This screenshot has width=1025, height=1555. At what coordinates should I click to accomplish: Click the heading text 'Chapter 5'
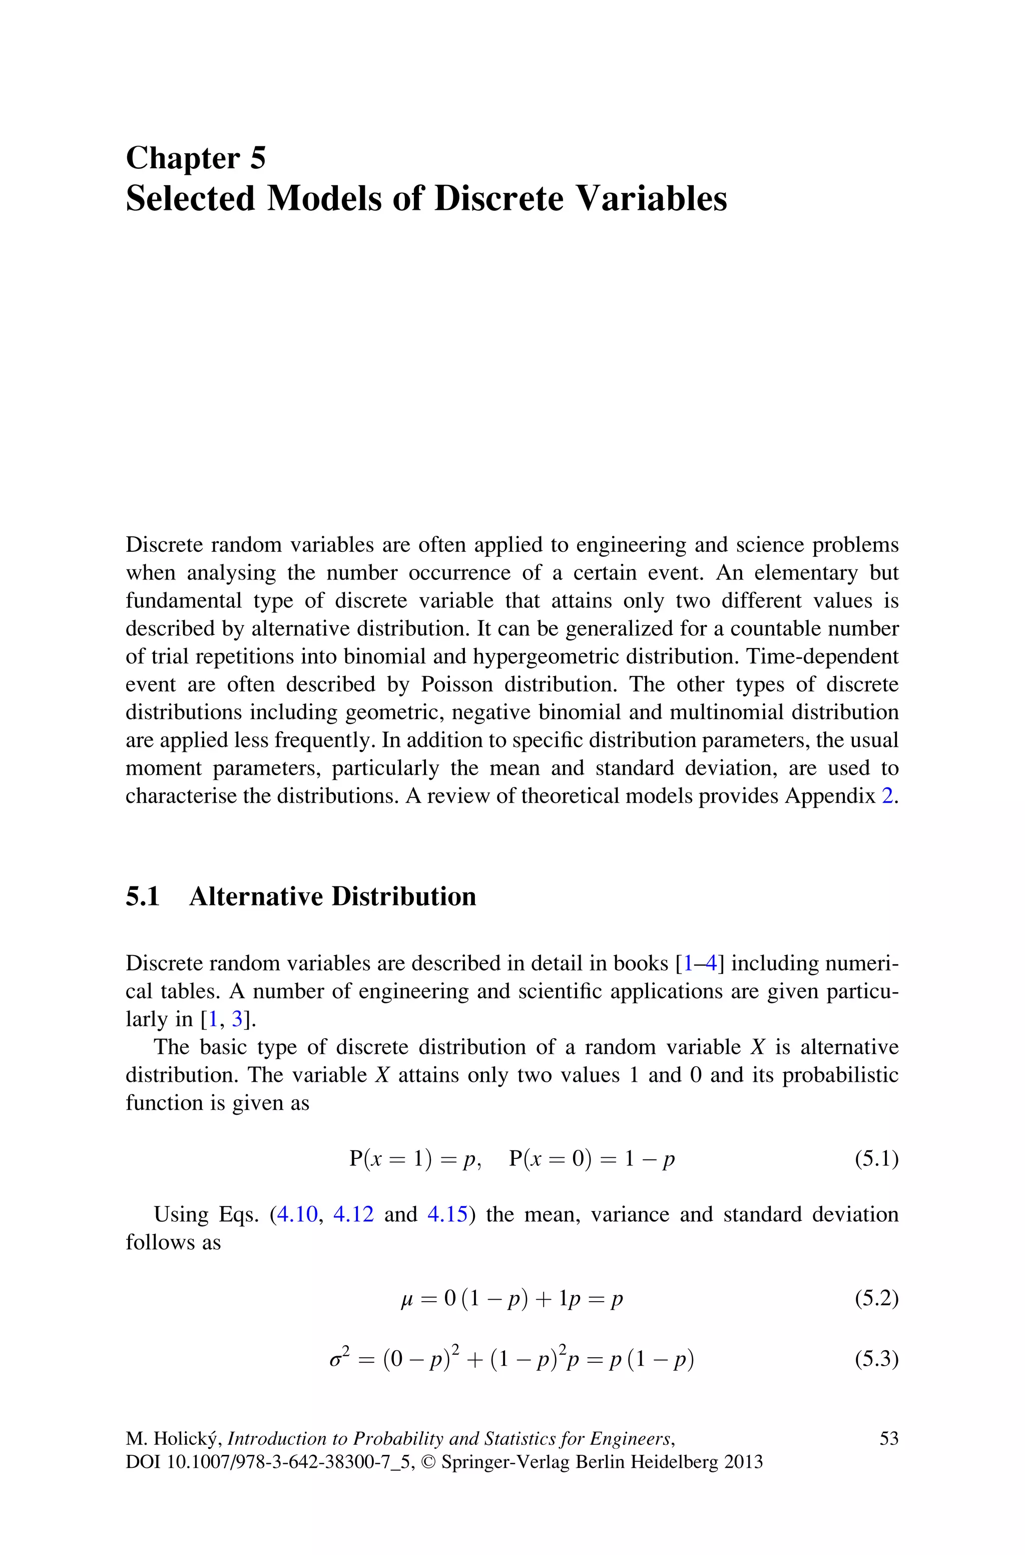point(196,158)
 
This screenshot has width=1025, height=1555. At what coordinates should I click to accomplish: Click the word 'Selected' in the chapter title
point(190,198)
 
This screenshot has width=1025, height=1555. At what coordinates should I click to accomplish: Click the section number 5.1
point(143,896)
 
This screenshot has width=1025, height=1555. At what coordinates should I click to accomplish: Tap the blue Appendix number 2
point(887,796)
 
